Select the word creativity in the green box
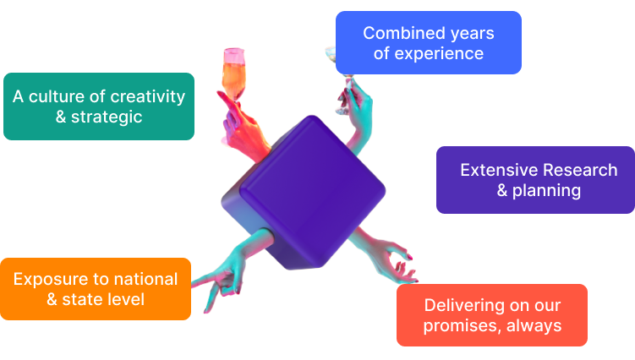coord(147,97)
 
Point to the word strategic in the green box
coord(107,117)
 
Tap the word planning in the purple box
coord(546,191)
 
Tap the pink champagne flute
coord(233,75)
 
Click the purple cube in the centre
coord(304,193)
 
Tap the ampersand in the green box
coord(61,117)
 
